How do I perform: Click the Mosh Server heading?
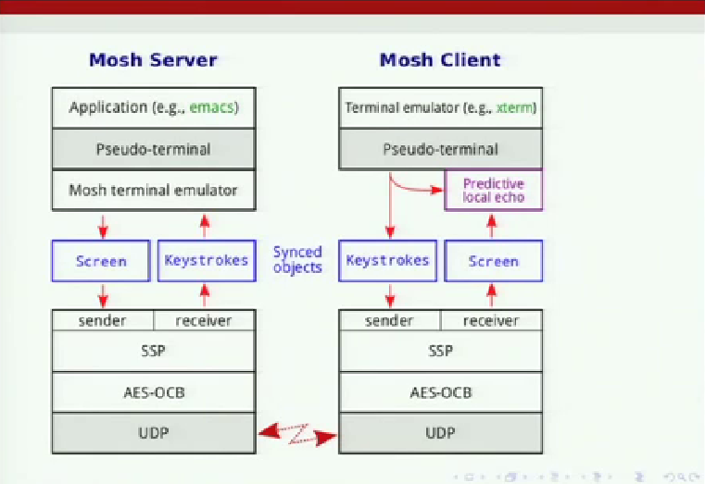click(153, 60)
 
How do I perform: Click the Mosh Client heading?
click(440, 60)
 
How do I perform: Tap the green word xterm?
click(516, 108)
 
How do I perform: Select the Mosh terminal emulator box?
click(154, 191)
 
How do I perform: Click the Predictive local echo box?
click(493, 190)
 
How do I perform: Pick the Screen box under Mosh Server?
click(101, 261)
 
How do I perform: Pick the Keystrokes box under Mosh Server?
click(207, 261)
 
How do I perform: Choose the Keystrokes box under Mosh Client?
click(387, 261)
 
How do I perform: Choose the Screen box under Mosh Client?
click(493, 261)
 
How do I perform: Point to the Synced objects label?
click(297, 259)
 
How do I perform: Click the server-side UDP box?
click(154, 433)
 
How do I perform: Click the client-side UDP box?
click(441, 433)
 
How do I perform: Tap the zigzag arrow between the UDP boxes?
click(297, 434)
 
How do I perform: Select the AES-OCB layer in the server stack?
click(154, 392)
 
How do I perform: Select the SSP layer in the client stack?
click(441, 351)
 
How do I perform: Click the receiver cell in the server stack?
click(205, 320)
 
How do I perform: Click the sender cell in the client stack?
click(389, 320)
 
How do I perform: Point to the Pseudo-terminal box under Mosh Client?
click(441, 149)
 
